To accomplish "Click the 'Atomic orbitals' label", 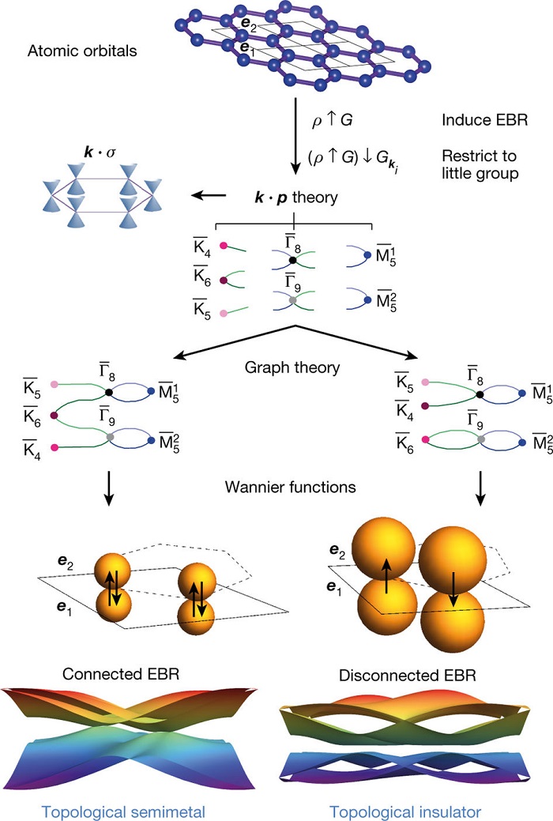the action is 82,51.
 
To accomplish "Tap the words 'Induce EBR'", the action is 484,120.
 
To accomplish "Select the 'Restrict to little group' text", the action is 480,164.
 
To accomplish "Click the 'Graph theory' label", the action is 292,367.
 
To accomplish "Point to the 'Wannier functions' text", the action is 290,487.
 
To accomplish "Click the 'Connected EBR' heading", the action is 120,674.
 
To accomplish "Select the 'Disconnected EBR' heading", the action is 408,676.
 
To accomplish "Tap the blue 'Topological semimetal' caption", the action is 123,812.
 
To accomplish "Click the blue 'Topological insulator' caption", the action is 404,812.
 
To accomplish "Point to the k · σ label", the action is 100,153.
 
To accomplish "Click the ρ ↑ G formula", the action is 332,120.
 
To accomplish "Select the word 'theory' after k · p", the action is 314,198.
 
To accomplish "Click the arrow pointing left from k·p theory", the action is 209,196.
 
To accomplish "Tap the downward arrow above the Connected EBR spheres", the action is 108,488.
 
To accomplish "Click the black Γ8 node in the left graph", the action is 109,392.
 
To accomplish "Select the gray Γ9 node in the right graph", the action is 481,439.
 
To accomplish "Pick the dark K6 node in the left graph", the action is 54,415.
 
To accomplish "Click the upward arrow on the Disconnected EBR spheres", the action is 386,575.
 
